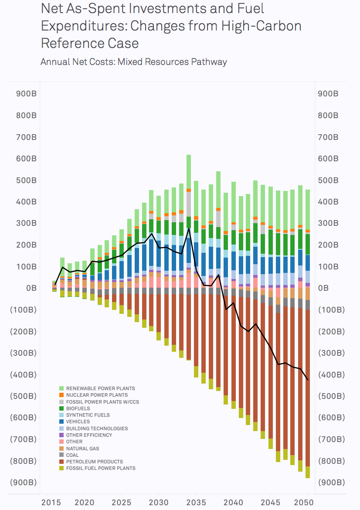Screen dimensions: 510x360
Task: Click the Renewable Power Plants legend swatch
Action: (62, 388)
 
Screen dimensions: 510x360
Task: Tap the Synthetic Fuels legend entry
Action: (88, 415)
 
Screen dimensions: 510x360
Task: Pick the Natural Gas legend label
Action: (82, 449)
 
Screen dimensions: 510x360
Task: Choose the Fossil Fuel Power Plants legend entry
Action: (100, 468)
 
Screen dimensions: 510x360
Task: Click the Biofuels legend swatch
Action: (62, 408)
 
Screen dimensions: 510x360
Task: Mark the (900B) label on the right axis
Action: (331, 483)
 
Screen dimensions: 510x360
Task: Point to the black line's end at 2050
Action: (308, 380)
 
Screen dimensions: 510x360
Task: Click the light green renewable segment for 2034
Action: (189, 172)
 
